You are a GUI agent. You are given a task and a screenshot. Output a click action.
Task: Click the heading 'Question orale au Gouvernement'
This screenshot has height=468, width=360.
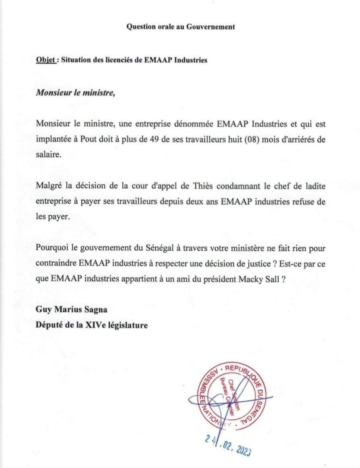tap(181, 27)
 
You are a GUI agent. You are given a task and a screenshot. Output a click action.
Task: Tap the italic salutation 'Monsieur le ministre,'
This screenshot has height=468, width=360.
tap(75, 93)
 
